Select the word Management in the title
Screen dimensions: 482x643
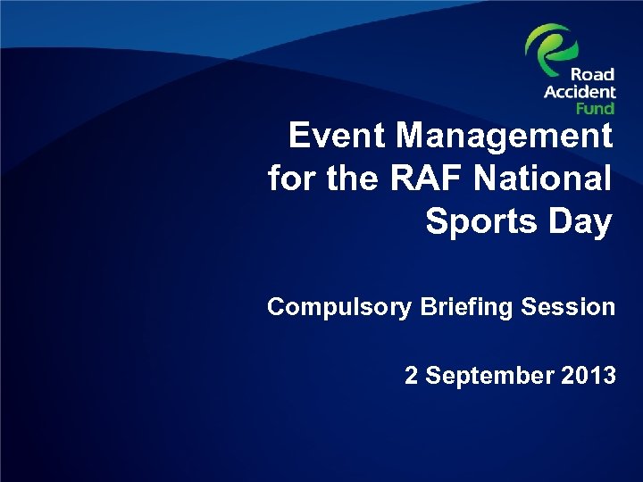click(x=505, y=137)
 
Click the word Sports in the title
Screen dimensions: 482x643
click(x=477, y=220)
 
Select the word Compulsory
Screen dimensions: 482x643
click(x=338, y=308)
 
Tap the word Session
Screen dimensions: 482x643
click(x=568, y=307)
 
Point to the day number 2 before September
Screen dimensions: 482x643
click(x=411, y=376)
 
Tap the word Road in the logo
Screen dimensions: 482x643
click(x=593, y=76)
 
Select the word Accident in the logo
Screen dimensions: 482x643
click(x=580, y=92)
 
